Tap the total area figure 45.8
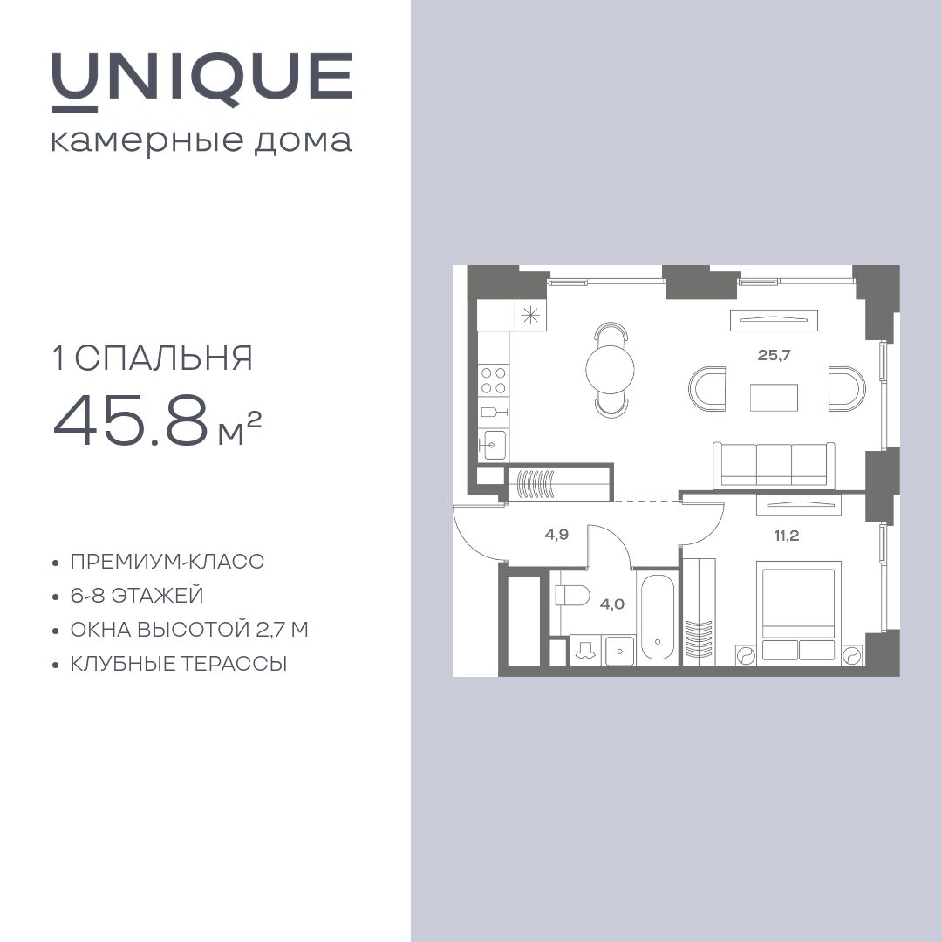[x=130, y=421]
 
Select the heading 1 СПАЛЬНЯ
[x=154, y=358]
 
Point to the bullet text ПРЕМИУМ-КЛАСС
[x=167, y=562]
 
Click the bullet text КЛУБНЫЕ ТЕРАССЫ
[x=179, y=664]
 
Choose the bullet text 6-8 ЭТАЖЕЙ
[x=137, y=596]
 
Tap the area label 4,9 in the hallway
[x=556, y=535]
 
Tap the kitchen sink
[x=492, y=445]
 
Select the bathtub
[x=658, y=618]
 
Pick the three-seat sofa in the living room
[x=774, y=465]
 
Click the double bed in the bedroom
[x=799, y=612]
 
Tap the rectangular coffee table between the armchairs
[x=774, y=398]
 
